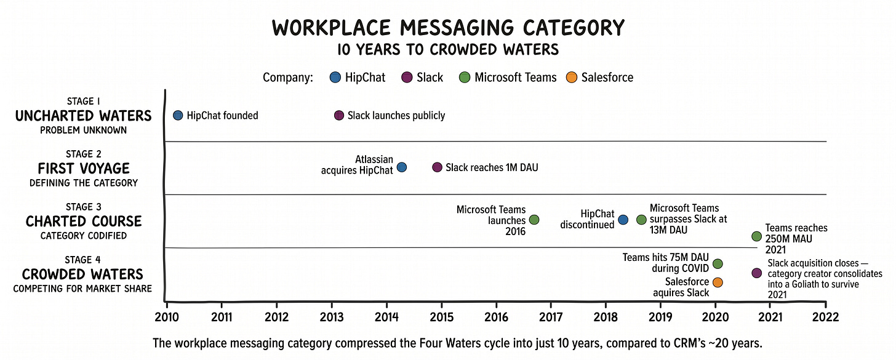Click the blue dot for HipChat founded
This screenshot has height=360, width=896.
178,115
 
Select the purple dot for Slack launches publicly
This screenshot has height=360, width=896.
338,115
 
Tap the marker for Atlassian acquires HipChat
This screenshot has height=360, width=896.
401,167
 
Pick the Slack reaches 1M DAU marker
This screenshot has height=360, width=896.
437,167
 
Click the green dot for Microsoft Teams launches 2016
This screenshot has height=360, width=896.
534,220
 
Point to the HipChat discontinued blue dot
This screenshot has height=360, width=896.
623,220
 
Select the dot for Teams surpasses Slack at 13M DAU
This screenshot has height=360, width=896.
641,220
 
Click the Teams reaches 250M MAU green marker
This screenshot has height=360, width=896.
756,236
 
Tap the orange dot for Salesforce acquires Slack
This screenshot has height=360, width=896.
718,282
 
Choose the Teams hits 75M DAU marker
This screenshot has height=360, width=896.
718,263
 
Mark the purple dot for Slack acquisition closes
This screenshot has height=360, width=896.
756,273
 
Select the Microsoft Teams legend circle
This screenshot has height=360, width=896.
465,78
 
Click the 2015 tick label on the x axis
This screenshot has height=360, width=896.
441,316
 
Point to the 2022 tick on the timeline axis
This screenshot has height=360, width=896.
825,316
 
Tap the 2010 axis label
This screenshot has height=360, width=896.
166,316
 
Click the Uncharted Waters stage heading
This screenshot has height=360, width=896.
82,116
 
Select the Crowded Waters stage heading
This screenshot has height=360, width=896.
82,274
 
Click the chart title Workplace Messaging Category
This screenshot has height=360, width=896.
448,28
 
